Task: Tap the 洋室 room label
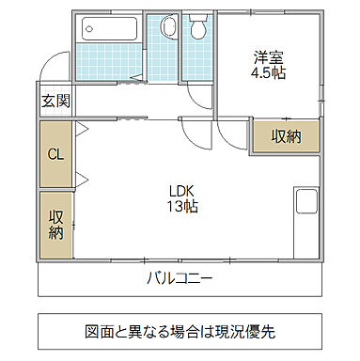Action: (269, 55)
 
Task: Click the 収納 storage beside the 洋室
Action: (286, 135)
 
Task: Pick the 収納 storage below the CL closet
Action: (55, 226)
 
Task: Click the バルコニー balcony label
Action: (180, 278)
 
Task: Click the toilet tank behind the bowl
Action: (197, 19)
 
